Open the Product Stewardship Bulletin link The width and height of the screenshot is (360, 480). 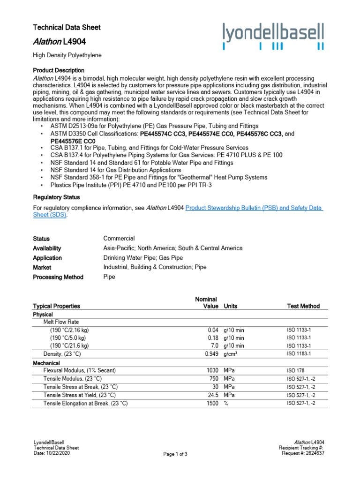(x=254, y=208)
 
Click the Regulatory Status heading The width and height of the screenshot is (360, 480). (x=56, y=197)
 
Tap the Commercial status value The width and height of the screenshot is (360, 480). (x=119, y=239)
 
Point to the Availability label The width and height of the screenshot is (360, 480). (x=47, y=248)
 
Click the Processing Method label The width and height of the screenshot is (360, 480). (x=58, y=277)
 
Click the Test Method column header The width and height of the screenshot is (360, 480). (x=303, y=306)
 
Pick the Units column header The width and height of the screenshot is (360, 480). (x=231, y=306)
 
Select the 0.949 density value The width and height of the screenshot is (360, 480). (x=211, y=354)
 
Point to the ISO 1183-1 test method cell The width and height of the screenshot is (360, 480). (x=299, y=354)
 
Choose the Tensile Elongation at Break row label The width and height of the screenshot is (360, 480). (x=85, y=403)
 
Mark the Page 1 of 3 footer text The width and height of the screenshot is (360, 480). (x=175, y=454)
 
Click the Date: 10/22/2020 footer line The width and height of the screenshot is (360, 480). (x=52, y=453)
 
